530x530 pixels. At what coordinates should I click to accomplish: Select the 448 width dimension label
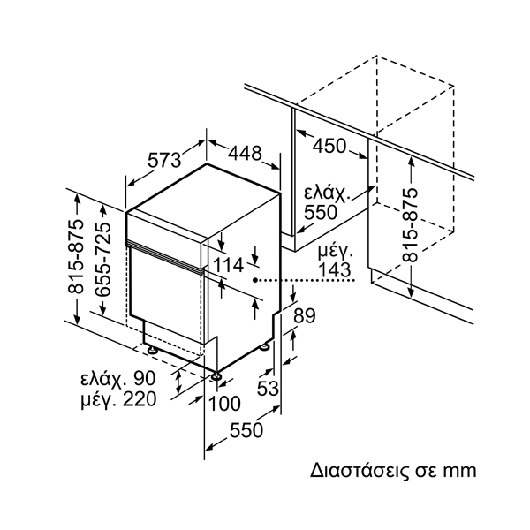click(x=245, y=153)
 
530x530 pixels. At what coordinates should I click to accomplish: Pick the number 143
click(x=335, y=270)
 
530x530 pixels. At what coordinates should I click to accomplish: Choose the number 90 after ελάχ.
click(x=142, y=378)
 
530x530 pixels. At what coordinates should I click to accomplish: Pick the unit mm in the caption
click(x=459, y=470)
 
